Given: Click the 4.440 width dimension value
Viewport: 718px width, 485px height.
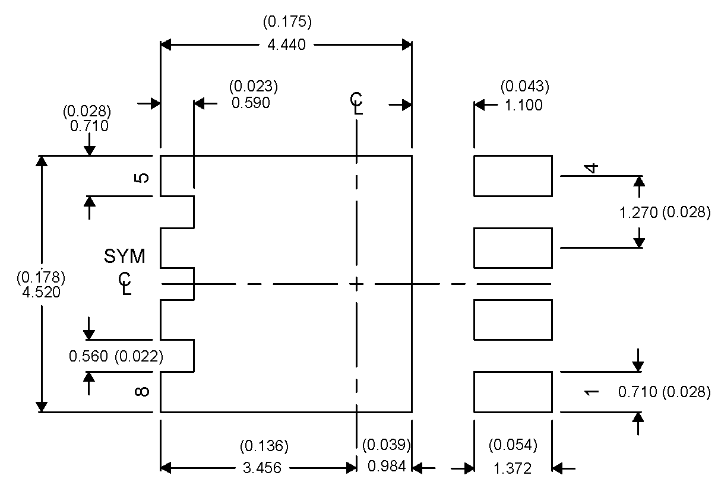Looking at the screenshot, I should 287,45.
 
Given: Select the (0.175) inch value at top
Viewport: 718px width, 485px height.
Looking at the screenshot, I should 287,23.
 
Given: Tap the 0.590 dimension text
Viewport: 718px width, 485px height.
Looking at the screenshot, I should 251,103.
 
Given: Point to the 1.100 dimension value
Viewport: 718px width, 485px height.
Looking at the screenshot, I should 523,106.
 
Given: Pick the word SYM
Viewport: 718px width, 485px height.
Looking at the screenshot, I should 125,257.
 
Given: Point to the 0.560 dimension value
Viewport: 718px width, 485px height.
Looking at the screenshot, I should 88,356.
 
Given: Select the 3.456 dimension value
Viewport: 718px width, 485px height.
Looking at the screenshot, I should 262,468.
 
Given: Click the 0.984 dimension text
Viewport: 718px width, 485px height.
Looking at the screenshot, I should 387,467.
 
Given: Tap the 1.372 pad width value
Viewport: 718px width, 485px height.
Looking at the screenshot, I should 512,468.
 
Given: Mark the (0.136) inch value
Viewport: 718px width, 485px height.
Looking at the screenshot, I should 264,445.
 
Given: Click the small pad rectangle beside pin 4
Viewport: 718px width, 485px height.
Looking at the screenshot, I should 513,176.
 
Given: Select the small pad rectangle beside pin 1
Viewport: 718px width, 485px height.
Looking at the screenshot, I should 513,391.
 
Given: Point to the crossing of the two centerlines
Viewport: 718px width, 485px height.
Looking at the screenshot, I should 356,284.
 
